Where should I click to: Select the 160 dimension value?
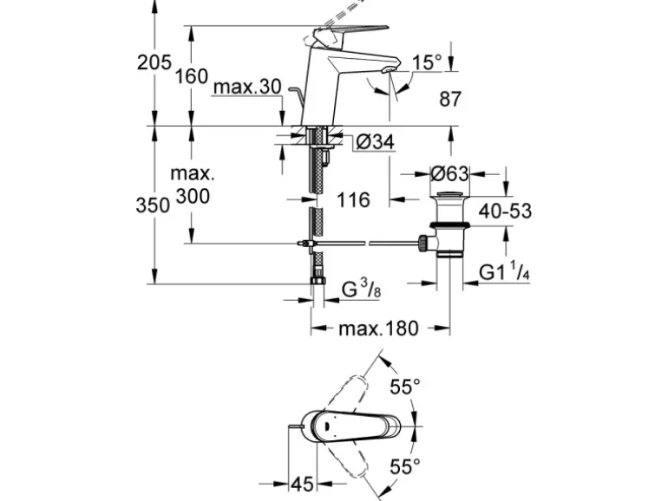191,76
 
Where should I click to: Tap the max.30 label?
246,88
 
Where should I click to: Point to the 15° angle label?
427,62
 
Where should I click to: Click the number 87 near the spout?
449,100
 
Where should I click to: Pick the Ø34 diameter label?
375,141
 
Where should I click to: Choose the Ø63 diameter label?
449,173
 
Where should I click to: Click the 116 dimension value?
352,200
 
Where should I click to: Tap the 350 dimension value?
153,205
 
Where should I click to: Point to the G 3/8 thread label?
361,290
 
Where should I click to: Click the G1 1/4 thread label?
504,273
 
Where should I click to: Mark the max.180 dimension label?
378,329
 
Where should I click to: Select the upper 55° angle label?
404,387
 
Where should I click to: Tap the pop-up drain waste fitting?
449,224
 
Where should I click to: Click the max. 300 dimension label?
193,185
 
